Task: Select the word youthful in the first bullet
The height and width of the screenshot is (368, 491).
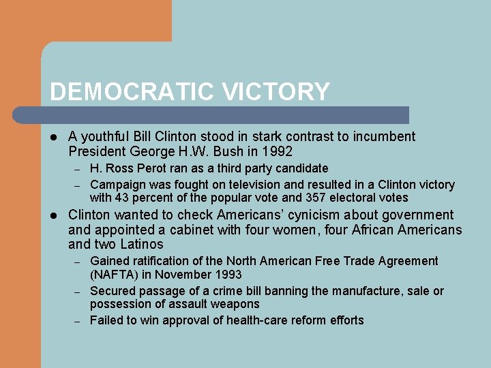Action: click(104, 137)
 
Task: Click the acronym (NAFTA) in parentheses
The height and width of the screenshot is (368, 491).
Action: click(115, 275)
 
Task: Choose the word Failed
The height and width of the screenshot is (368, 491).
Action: click(107, 320)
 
